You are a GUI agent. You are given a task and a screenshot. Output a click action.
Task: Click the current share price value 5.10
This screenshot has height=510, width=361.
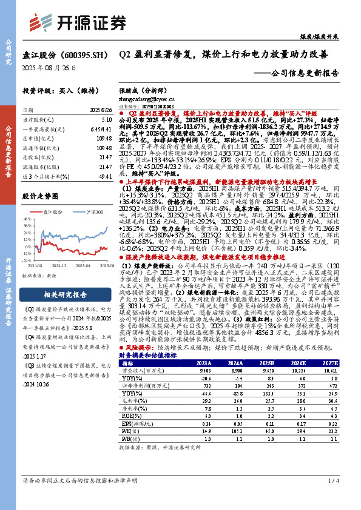(107, 121)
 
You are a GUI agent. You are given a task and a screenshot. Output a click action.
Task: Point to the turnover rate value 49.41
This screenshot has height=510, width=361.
(106, 175)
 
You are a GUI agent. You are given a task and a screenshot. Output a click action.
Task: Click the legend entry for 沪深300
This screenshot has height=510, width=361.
(92, 211)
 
